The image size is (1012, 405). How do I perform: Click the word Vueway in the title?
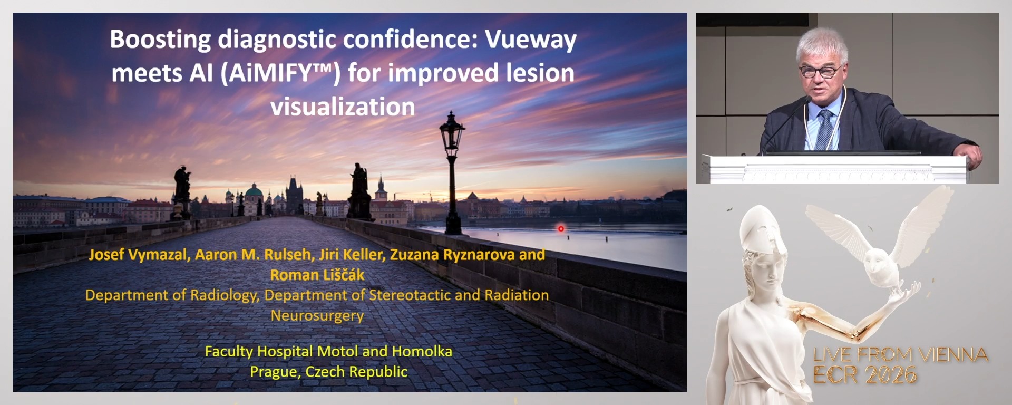coord(530,40)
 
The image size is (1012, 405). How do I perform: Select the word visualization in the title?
coord(343,107)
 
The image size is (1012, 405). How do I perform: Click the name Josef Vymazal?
coord(139,255)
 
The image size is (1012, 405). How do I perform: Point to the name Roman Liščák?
coord(317,275)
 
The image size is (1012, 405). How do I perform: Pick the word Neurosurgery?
coord(317,315)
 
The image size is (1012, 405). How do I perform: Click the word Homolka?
coord(422,351)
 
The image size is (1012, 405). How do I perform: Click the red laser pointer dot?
coord(561,228)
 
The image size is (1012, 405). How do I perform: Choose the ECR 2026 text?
coord(864,375)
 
